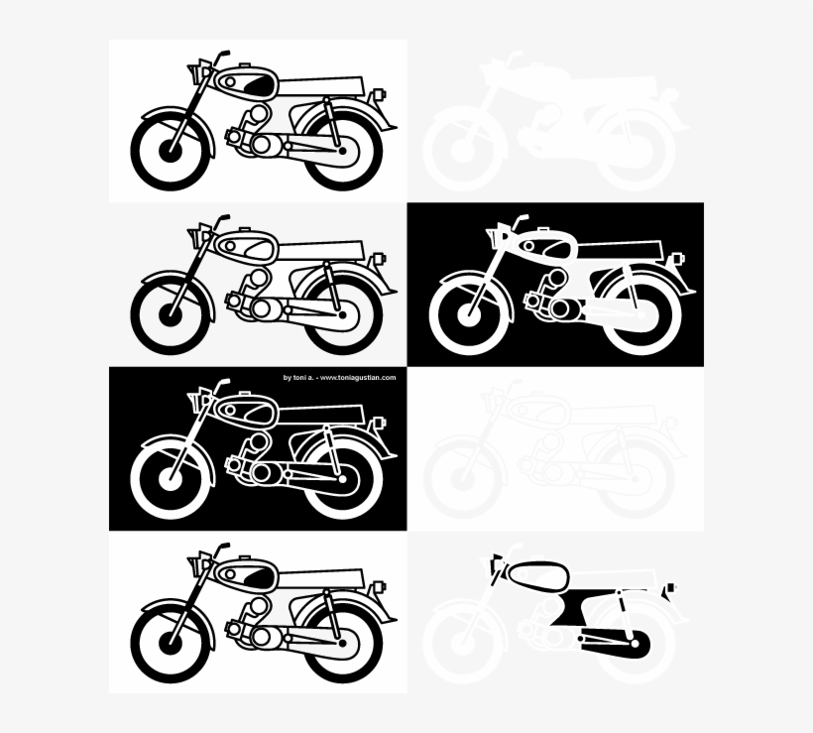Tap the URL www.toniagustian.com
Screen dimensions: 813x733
click(358, 378)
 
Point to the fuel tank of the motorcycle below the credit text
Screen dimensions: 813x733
click(245, 412)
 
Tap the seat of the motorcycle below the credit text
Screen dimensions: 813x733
click(321, 416)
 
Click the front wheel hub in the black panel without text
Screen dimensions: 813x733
click(469, 315)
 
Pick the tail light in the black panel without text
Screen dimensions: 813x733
click(677, 258)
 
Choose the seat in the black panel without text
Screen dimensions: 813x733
click(620, 251)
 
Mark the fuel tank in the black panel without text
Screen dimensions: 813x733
click(544, 246)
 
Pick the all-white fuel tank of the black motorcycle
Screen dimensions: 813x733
click(245, 246)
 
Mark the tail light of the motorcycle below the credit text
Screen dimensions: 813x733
click(380, 423)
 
